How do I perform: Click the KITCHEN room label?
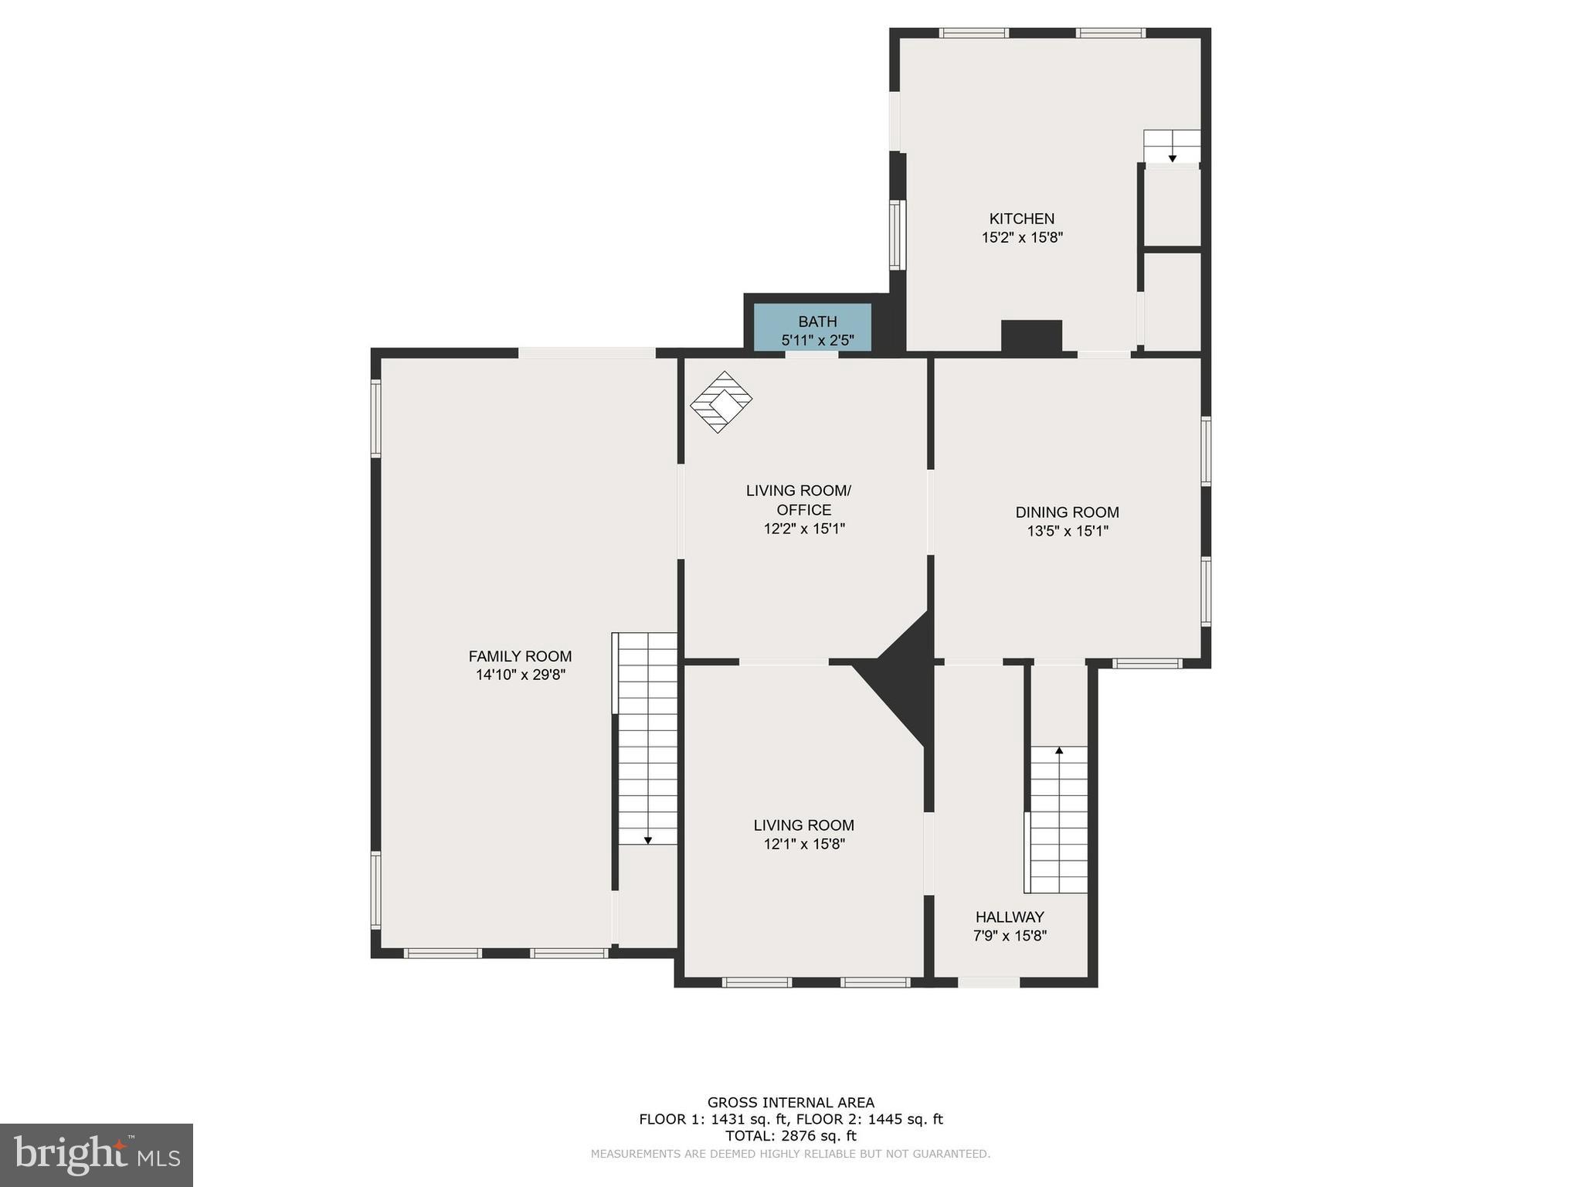pyautogui.click(x=1021, y=219)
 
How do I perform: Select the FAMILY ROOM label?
pyautogui.click(x=520, y=656)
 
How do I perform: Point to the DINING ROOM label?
pyautogui.click(x=1067, y=512)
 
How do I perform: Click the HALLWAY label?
pyautogui.click(x=1010, y=917)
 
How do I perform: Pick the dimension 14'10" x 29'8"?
pyautogui.click(x=520, y=675)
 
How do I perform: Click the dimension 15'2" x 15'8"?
pyautogui.click(x=1021, y=238)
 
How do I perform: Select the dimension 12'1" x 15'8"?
pyautogui.click(x=804, y=845)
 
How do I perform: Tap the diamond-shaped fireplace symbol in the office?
pyautogui.click(x=720, y=402)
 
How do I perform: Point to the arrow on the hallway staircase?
pyautogui.click(x=1059, y=750)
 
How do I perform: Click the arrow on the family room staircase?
pyautogui.click(x=647, y=839)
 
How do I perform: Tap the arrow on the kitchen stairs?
pyautogui.click(x=1172, y=158)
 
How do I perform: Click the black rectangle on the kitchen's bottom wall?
pyautogui.click(x=1031, y=336)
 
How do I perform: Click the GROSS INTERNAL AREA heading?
pyautogui.click(x=790, y=1103)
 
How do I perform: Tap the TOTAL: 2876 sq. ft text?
pyautogui.click(x=790, y=1136)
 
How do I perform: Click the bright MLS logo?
pyautogui.click(x=97, y=1155)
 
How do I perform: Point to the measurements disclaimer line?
pyautogui.click(x=790, y=1154)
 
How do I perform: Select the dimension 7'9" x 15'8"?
pyautogui.click(x=1010, y=936)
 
